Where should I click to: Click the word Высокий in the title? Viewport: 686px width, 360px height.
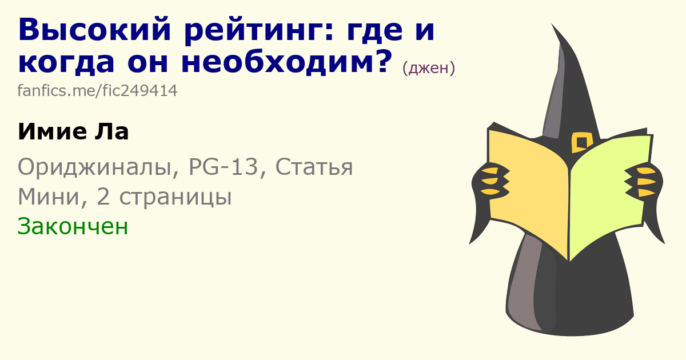(x=94, y=30)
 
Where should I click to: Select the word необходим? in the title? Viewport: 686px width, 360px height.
(x=287, y=62)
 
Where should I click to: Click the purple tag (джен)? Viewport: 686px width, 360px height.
(x=428, y=68)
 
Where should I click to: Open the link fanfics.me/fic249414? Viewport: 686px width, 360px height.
(x=97, y=91)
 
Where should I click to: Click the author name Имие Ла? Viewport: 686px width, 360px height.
(x=74, y=131)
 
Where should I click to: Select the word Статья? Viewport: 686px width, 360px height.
(x=314, y=167)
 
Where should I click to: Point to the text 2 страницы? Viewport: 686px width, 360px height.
(x=164, y=197)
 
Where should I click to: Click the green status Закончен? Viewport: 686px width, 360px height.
(x=73, y=226)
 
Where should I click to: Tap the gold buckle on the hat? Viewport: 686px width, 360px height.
(x=581, y=142)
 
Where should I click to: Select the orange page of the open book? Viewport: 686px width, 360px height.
(x=529, y=190)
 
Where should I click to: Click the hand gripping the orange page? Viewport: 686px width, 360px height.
(x=490, y=181)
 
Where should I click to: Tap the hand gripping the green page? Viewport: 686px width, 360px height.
(x=644, y=182)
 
